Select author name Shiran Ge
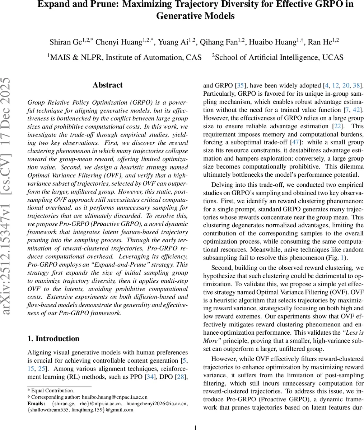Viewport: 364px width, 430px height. click(66, 42)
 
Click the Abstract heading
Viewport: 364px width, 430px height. click(107, 85)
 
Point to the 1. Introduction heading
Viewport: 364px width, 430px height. click(53, 339)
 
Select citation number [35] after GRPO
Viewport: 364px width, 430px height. click(241, 85)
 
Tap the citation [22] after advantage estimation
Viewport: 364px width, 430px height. click(338, 126)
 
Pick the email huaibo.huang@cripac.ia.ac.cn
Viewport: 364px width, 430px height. click(114, 397)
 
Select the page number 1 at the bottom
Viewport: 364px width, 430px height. click(196, 427)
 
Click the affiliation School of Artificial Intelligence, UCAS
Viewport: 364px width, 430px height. click(279, 57)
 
